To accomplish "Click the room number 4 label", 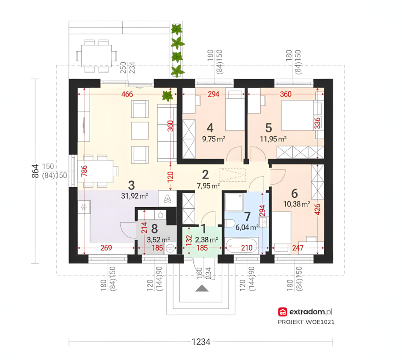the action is pyautogui.click(x=210, y=128).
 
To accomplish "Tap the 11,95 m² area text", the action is pyautogui.click(x=273, y=139).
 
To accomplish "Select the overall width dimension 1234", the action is pyautogui.click(x=201, y=342).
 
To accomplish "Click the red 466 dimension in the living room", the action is pyautogui.click(x=127, y=94).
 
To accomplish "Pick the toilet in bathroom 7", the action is pyautogui.click(x=230, y=224).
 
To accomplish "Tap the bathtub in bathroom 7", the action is pyautogui.click(x=242, y=246).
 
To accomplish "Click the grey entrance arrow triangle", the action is pyautogui.click(x=202, y=288).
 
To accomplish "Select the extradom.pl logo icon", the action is pyautogui.click(x=282, y=312).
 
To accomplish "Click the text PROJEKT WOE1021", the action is pyautogui.click(x=306, y=322).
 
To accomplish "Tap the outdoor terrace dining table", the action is pyautogui.click(x=96, y=55).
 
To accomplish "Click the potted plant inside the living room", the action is pyautogui.click(x=167, y=96).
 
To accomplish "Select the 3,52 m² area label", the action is pyautogui.click(x=158, y=240).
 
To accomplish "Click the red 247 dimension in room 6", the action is pyautogui.click(x=297, y=248).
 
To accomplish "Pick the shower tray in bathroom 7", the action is pyautogui.click(x=234, y=202).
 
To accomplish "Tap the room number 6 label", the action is pyautogui.click(x=295, y=194).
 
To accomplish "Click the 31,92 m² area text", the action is pyautogui.click(x=135, y=196).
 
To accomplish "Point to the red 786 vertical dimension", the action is pyautogui.click(x=84, y=171).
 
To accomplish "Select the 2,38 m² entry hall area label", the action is pyautogui.click(x=207, y=240).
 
